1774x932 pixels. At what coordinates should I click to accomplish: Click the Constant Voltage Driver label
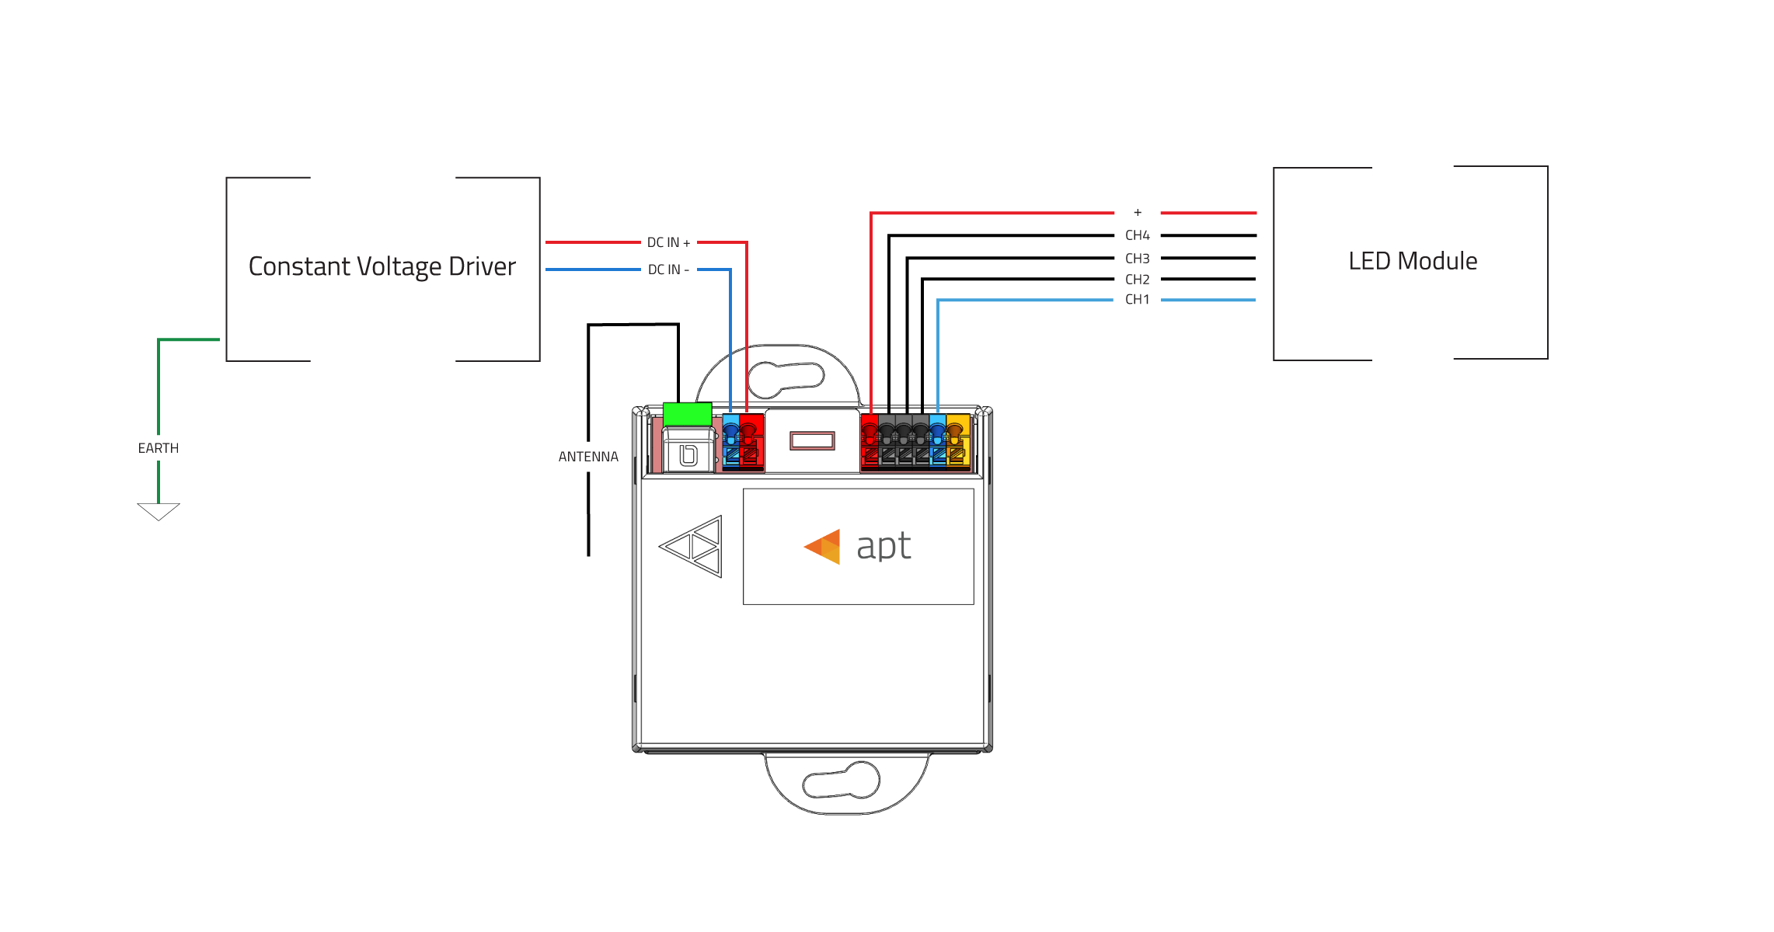382,266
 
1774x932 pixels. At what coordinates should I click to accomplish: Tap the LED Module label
1413,261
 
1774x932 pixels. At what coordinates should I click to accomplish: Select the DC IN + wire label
668,243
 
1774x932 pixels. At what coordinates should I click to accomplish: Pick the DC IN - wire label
668,270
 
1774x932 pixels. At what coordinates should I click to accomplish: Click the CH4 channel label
1137,235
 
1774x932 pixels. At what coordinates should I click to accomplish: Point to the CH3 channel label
1137,259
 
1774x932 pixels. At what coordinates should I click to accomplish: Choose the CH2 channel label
1137,280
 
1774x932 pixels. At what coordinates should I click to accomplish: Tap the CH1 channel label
1137,300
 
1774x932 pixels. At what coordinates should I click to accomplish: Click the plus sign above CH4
1138,212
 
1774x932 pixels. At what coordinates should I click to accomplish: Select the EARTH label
159,448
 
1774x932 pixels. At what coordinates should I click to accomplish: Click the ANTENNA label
588,457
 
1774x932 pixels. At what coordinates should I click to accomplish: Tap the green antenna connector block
687,414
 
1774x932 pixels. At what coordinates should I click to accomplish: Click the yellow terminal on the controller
957,441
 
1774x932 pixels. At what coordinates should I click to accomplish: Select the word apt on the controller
884,546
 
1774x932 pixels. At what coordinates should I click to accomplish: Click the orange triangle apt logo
823,547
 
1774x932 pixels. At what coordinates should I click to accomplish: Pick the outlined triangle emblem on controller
691,547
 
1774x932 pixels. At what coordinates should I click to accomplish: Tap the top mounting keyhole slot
785,379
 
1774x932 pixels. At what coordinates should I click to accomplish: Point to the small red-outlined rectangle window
812,441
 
